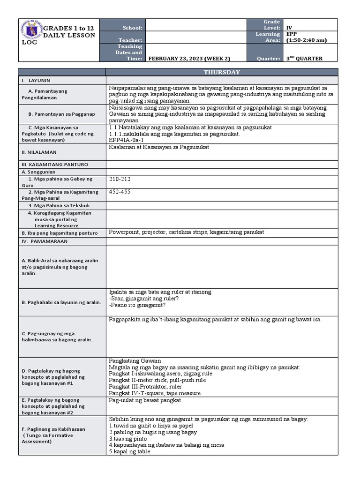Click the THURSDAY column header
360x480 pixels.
click(221, 72)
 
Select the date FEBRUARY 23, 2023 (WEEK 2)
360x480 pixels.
click(189, 59)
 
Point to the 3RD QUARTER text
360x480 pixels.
click(304, 59)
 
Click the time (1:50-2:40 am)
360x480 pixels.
click(306, 40)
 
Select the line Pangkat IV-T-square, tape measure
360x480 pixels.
click(155, 393)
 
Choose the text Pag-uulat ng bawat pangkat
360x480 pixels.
click(145, 400)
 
